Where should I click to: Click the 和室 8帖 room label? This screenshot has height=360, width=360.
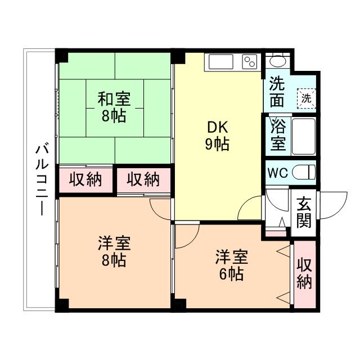pos(114,108)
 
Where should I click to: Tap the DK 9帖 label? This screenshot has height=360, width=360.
pos(216,136)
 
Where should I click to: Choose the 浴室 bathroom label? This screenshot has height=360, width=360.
pos(278,135)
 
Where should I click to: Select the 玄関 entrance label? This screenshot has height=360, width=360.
pos(304,211)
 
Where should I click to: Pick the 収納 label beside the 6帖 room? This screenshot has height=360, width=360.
pos(304,273)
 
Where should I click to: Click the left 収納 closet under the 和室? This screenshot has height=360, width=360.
pos(85,180)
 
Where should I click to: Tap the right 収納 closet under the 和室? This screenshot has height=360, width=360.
pos(142,180)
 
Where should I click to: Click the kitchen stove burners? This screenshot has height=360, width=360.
pos(249,61)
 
